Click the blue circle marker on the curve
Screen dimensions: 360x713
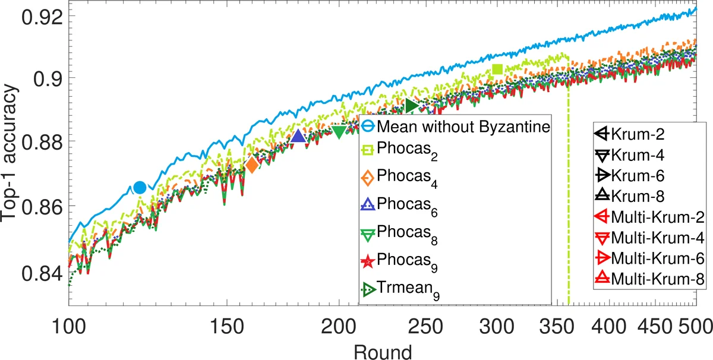pos(140,188)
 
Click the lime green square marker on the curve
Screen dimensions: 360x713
pos(497,70)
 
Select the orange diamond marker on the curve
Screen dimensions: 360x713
pos(252,165)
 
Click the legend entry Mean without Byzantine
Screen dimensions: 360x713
pos(454,127)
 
